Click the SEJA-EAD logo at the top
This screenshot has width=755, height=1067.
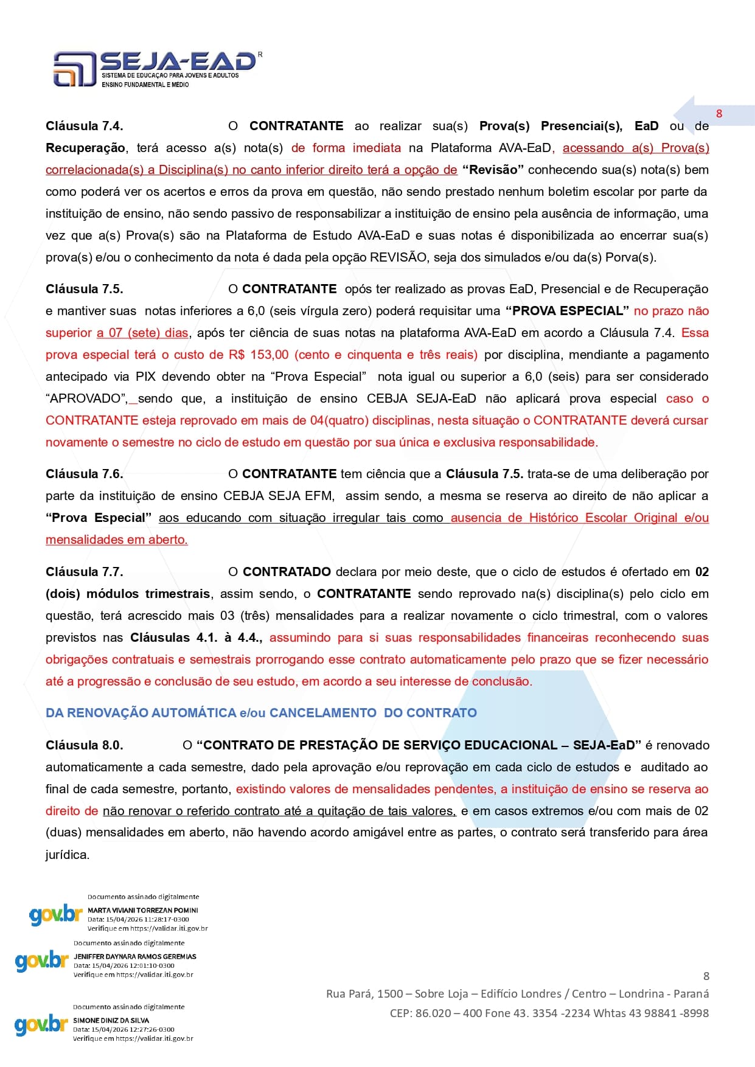coord(156,68)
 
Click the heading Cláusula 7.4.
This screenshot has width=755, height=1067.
coord(84,126)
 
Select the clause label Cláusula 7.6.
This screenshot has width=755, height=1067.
coord(84,474)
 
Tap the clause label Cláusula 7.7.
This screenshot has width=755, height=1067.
coord(84,572)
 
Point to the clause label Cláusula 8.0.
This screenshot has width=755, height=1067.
coord(84,745)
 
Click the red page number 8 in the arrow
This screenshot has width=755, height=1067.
coord(719,114)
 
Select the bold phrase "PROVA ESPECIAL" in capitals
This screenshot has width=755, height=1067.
coord(567,311)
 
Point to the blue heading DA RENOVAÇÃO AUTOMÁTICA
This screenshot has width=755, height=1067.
coord(141,713)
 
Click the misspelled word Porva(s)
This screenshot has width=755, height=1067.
coord(630,257)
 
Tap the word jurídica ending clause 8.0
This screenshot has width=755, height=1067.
coord(67,855)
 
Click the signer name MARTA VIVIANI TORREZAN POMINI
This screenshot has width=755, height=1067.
coord(143,911)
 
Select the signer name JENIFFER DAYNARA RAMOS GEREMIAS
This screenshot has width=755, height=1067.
coord(135,956)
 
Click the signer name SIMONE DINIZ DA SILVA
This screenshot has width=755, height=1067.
coord(111,1020)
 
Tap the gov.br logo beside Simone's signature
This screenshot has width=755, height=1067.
coord(41,1024)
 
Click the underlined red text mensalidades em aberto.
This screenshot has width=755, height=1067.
coord(117,540)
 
